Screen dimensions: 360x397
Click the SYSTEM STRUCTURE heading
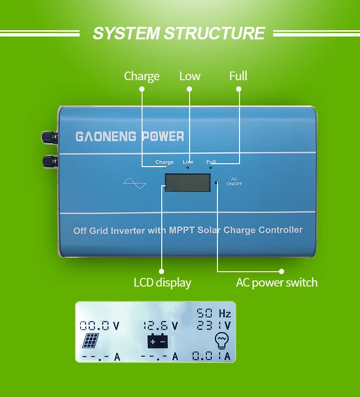tap(179, 33)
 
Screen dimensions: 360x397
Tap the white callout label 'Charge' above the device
tap(142, 76)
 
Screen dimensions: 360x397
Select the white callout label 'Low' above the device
tap(190, 76)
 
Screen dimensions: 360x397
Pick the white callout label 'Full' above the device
tap(238, 76)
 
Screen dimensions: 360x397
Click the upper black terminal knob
tap(50, 137)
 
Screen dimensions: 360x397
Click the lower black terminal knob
tap(50, 161)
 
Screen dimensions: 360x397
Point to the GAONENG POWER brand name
tap(130, 136)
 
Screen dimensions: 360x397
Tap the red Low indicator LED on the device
tap(188, 168)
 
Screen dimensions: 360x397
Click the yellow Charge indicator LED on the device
tap(165, 168)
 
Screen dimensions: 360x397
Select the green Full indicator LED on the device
tap(210, 168)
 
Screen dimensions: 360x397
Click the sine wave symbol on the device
tap(134, 183)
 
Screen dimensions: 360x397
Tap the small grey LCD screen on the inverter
tap(188, 182)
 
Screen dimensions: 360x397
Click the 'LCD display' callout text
tap(162, 283)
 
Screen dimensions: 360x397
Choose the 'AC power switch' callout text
tap(276, 283)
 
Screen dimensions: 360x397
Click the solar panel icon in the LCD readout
tap(90, 340)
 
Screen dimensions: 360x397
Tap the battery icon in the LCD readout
tap(158, 341)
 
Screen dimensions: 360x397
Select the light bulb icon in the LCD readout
tap(222, 340)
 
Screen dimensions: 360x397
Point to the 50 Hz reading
tap(214, 313)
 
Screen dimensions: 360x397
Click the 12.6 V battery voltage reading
tap(160, 326)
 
